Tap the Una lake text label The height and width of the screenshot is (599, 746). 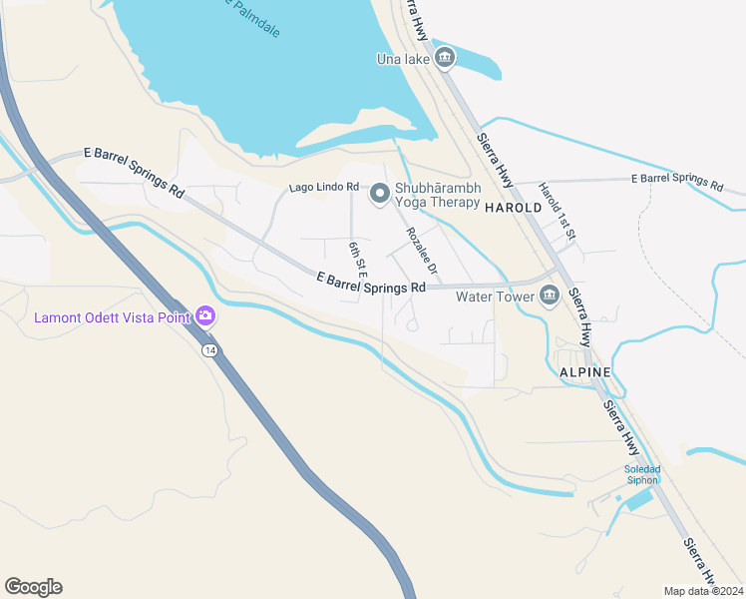coord(403,60)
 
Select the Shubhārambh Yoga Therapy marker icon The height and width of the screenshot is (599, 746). coord(379,195)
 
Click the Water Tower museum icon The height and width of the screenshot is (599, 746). coord(550,296)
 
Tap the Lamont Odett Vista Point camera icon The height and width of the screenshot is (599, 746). coord(205,317)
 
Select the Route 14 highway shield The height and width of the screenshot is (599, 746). coord(209,350)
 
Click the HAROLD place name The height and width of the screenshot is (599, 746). coord(513,208)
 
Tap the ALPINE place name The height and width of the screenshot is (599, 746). coord(584,372)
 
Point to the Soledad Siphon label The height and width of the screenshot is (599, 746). coord(642,474)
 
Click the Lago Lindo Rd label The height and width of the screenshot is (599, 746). coord(323,187)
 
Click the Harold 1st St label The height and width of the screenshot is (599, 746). coord(558,211)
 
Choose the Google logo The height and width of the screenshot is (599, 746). coord(33,587)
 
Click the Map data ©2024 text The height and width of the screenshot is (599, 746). coord(704,591)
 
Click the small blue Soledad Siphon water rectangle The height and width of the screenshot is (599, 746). coord(638,499)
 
